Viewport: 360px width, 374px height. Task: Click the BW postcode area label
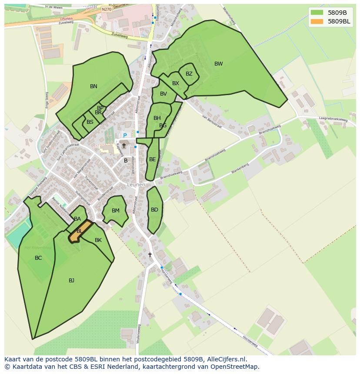coord(218,64)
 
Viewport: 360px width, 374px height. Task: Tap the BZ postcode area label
coord(189,74)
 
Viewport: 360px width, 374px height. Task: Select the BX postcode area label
coord(175,83)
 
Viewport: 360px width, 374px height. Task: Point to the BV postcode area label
coord(163,94)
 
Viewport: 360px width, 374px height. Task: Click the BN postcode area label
coord(93,86)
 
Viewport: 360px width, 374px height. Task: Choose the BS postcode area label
coord(90,122)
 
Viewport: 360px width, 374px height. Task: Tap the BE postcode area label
coord(152,159)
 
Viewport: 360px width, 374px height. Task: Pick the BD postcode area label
coord(154,210)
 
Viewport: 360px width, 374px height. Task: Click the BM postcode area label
coord(115,211)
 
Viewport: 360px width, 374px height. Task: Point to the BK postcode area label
coord(98,240)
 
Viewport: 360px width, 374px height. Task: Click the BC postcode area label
coord(38,258)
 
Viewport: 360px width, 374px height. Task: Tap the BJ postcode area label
coord(71,281)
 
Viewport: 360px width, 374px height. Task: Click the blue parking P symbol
coord(125,136)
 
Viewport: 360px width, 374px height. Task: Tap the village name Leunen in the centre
coord(136,185)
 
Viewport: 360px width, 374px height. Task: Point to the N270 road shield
coord(107,9)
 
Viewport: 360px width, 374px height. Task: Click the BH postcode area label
coord(157,118)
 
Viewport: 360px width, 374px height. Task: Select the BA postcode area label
coord(77,219)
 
